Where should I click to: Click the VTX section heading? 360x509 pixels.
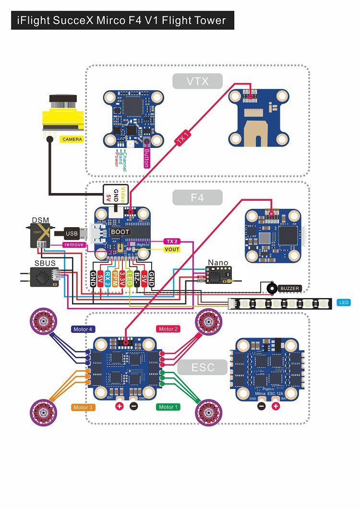(198, 81)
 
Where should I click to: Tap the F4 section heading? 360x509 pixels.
(198, 197)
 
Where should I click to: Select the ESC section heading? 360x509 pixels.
(203, 368)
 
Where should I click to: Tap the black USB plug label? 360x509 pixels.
(72, 234)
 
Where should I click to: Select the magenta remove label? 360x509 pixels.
(74, 244)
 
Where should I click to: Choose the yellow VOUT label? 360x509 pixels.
(172, 249)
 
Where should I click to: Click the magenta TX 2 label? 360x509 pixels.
(171, 241)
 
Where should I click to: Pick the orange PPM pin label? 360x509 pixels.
(115, 278)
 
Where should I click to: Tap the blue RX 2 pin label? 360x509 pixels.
(108, 278)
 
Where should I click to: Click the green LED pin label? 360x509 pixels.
(130, 278)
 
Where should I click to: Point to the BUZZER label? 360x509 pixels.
(290, 289)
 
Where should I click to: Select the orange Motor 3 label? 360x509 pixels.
(83, 407)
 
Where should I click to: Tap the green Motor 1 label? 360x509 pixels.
(168, 407)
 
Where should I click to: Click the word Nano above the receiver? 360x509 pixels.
(217, 263)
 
